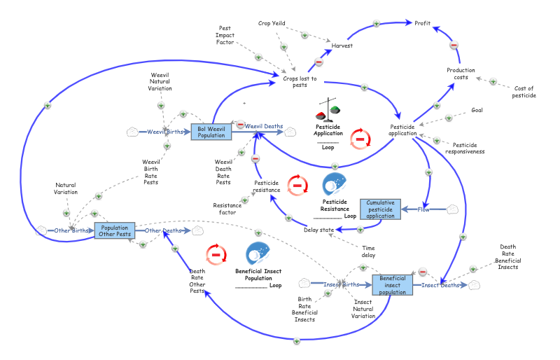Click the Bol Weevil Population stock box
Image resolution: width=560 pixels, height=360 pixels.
click(211, 131)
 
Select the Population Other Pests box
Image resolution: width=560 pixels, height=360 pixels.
click(114, 230)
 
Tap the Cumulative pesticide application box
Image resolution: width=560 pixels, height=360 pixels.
click(381, 209)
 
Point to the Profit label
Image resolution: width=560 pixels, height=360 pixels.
click(422, 23)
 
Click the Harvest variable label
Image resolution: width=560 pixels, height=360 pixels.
click(342, 46)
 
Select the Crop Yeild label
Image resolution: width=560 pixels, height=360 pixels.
click(272, 23)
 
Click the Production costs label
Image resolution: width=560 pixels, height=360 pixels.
click(461, 74)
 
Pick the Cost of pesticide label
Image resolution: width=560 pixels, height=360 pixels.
click(524, 92)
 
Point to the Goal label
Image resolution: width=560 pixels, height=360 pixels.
click(477, 110)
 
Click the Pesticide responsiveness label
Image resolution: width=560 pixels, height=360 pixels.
click(465, 148)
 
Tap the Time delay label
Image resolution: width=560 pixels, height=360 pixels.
click(368, 251)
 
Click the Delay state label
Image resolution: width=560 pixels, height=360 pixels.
click(318, 230)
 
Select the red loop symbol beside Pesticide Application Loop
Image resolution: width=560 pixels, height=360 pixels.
click(360, 138)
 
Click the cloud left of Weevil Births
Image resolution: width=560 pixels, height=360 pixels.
click(132, 132)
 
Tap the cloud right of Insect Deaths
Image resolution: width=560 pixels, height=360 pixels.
click(475, 284)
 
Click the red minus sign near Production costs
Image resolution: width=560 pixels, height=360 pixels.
click(454, 45)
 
